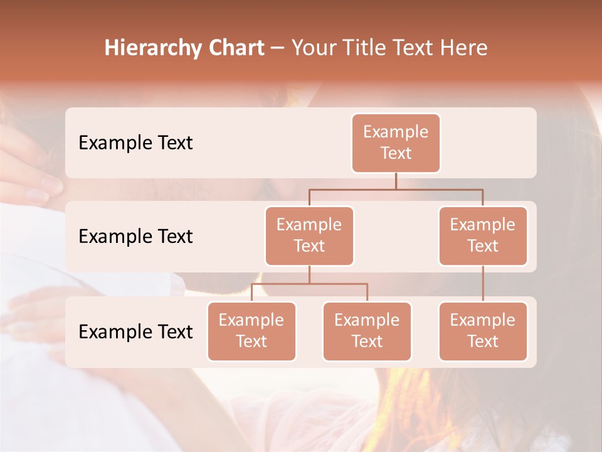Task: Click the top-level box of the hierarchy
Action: tap(396, 143)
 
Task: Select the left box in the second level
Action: tap(309, 236)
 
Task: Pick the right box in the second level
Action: tap(483, 236)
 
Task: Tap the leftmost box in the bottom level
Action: tap(251, 331)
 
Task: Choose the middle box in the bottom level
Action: tap(367, 331)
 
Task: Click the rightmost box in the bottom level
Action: tap(483, 331)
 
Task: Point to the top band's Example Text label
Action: tap(135, 143)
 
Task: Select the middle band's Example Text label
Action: tap(135, 236)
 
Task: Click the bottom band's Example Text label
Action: tap(135, 331)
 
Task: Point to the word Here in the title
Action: tap(464, 48)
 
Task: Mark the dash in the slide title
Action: tap(278, 48)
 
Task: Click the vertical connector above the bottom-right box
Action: tap(483, 284)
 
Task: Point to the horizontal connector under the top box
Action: tap(396, 189)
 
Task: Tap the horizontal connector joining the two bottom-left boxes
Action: tap(309, 284)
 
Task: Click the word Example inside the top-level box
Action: tap(396, 132)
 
